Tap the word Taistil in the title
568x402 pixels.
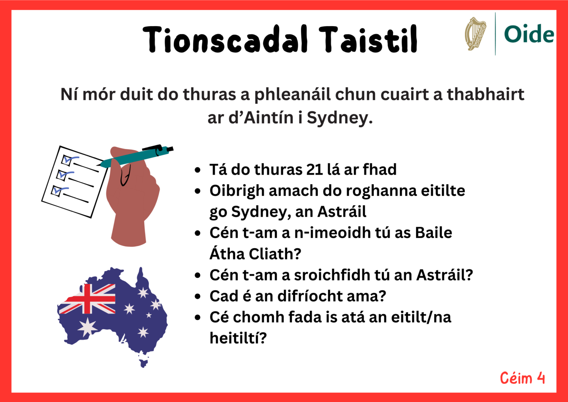[368, 39]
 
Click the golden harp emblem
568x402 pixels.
[475, 34]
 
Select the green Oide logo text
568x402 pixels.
[529, 34]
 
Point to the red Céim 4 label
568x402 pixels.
[522, 378]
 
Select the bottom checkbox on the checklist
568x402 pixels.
[57, 191]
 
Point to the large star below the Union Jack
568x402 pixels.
[87, 327]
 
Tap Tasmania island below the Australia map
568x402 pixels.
[144, 363]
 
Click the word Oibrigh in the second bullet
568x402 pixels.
[237, 191]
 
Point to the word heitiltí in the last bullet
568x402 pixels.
[238, 338]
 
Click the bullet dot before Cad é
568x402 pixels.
[197, 296]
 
